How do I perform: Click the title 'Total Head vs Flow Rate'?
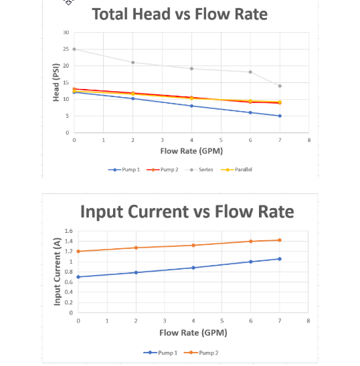pos(179,14)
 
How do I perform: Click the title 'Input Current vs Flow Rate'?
pos(187,211)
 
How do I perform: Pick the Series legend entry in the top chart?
pos(203,169)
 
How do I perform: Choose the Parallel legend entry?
pos(240,169)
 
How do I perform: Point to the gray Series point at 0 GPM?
pos(74,49)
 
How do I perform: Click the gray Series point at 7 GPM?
pos(280,86)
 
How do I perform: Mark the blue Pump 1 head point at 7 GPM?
pos(280,116)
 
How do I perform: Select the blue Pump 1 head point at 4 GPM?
pos(192,106)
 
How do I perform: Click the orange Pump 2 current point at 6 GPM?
pos(251,241)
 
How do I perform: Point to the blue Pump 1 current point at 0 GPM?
pos(78,276)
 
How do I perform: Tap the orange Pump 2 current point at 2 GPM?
pos(136,248)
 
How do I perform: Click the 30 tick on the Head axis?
pos(66,32)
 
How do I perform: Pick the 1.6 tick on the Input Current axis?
pos(68,231)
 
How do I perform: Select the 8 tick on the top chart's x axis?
pos(309,140)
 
